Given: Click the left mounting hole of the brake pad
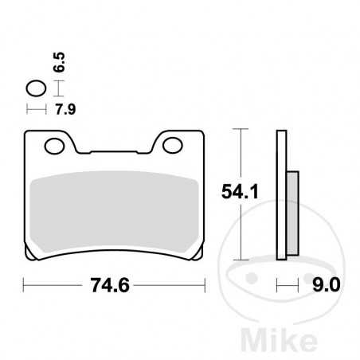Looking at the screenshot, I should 54,146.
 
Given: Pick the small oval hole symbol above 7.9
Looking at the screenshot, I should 36,88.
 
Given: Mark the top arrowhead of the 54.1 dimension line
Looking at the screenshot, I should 241,131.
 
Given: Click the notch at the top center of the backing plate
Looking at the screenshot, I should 115,152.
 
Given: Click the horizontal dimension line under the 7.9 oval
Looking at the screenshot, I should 36,107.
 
